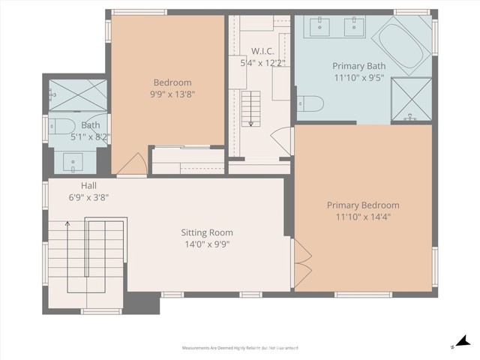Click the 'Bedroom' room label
[x=172, y=82]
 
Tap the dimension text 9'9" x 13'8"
[x=172, y=95]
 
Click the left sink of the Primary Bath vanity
[x=319, y=26]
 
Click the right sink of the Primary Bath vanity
[x=352, y=26]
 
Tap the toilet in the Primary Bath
[x=309, y=103]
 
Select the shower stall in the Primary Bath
[x=412, y=99]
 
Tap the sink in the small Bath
[x=73, y=159]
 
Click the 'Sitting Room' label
[x=207, y=232]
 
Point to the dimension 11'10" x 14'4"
[x=363, y=217]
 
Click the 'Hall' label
[x=89, y=186]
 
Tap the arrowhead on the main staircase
[x=67, y=223]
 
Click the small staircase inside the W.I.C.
[x=250, y=106]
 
